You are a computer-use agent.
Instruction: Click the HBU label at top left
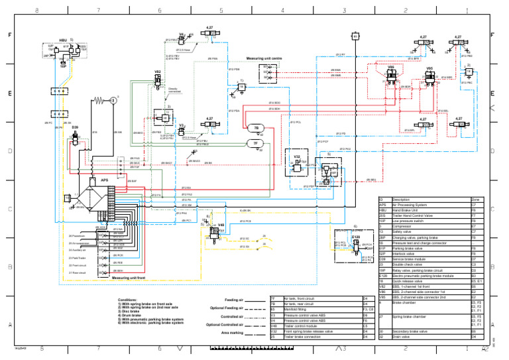click(x=63, y=40)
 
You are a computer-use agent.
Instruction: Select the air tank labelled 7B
click(x=255, y=128)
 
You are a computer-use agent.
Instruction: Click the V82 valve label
click(x=157, y=70)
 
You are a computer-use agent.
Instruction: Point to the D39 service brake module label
click(x=75, y=127)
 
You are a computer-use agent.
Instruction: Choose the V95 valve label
click(x=429, y=68)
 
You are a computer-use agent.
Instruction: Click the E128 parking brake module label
click(x=355, y=236)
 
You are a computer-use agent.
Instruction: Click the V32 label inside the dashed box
click(x=298, y=156)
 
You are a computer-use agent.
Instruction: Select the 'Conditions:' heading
click(x=128, y=300)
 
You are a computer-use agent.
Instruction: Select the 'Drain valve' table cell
click(x=403, y=337)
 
